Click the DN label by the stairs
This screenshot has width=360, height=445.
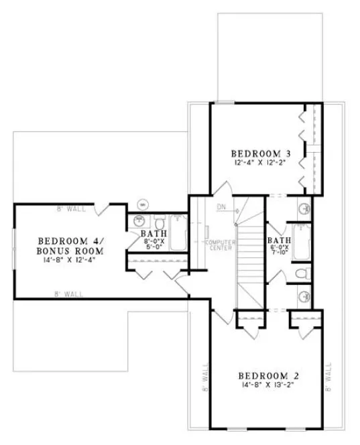click(x=221, y=206)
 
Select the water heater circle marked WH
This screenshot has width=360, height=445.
click(x=142, y=204)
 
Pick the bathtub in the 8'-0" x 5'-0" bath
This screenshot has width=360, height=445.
click(x=179, y=233)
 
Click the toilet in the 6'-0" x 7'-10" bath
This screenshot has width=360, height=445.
click(x=301, y=274)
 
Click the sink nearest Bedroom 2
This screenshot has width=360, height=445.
click(x=303, y=296)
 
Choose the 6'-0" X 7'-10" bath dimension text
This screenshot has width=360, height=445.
click(x=279, y=253)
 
